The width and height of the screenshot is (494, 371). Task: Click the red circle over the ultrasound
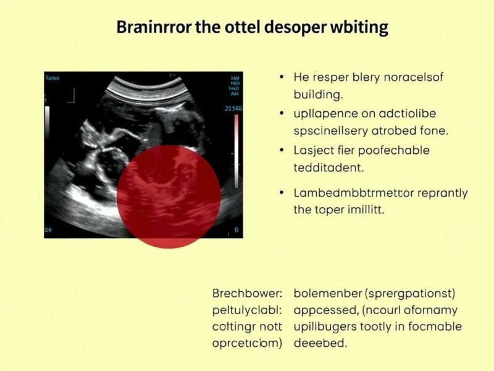169,196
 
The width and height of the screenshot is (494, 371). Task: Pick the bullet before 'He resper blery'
282,79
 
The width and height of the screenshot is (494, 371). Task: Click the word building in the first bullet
317,96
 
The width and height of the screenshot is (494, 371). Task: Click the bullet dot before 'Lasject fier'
282,150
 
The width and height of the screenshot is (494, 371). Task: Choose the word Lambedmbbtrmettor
346,193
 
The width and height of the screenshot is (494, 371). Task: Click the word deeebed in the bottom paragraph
320,343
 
